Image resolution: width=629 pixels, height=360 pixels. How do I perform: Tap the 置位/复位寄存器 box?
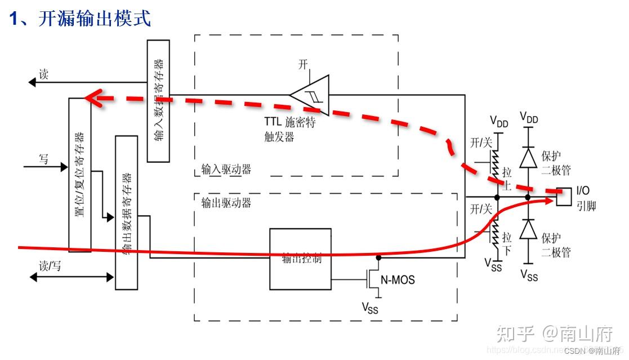point(79,174)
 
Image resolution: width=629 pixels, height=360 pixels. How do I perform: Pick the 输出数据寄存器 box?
point(126,212)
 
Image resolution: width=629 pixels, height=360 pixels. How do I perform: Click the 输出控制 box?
point(300,259)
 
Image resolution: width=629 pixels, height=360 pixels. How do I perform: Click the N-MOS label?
point(398,279)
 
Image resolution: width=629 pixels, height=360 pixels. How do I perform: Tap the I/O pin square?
point(564,197)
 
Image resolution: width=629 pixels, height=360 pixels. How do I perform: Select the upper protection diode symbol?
point(528,157)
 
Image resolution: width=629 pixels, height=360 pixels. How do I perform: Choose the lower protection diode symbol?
point(528,229)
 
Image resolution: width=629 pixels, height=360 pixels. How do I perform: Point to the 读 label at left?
point(43,74)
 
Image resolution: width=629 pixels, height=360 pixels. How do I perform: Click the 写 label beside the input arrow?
point(43,159)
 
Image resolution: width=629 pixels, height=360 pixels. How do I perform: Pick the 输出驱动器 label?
point(226,203)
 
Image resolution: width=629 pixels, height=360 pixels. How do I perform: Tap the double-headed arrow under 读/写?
point(72,277)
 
